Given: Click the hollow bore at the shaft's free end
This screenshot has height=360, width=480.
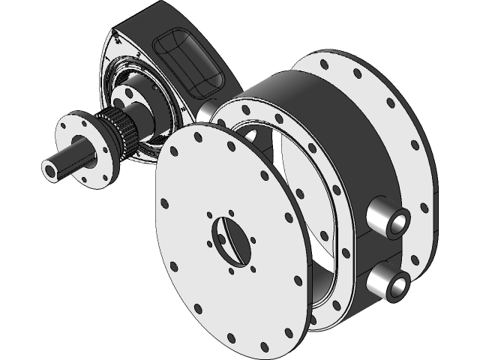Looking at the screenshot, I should (x=52, y=170).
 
